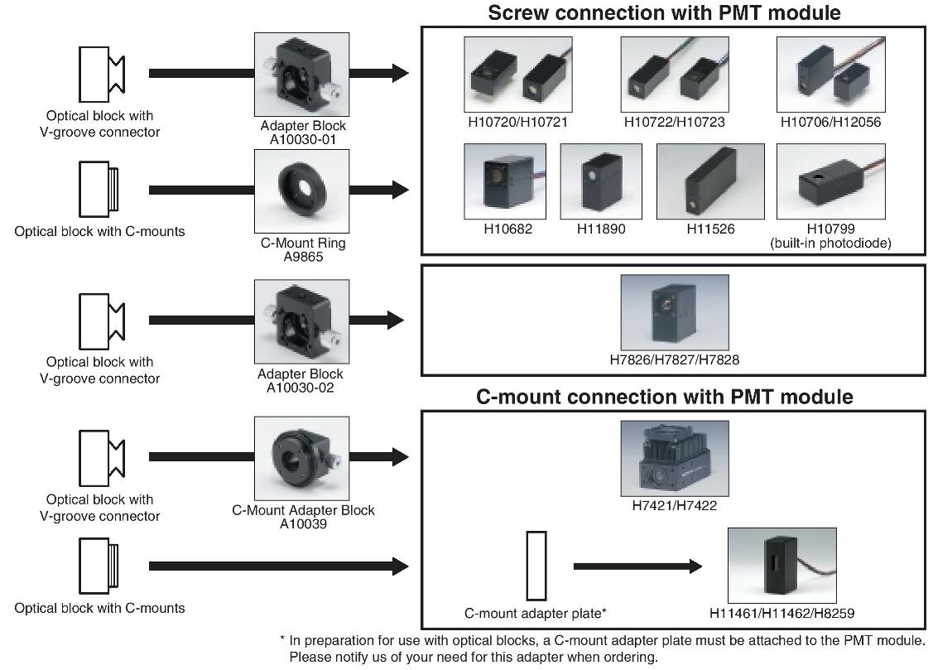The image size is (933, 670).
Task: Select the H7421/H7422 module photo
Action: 674,459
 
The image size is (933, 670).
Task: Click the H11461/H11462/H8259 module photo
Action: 781,566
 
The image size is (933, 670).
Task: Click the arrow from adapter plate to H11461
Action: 636,566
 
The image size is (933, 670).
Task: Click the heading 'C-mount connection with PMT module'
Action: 664,397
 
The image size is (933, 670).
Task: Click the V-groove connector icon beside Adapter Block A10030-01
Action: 101,73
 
